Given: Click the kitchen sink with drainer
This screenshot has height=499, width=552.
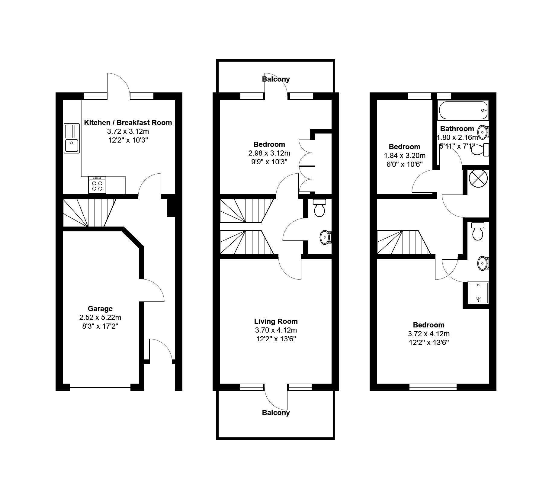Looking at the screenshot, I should (x=72, y=138).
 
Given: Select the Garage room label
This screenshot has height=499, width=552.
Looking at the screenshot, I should (x=100, y=309).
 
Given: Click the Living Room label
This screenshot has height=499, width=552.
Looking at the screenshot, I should (x=276, y=321).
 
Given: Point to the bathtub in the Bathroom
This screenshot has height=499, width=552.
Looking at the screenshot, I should (x=463, y=111).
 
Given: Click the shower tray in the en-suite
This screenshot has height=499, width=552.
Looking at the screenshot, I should (x=478, y=293).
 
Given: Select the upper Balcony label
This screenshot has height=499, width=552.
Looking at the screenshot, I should (x=276, y=79).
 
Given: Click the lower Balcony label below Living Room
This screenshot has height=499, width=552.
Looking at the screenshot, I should (x=276, y=413).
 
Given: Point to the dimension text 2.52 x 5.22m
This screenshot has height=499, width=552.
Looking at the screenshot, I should (x=100, y=317).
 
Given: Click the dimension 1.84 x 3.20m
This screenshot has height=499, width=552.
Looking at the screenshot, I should (x=405, y=156).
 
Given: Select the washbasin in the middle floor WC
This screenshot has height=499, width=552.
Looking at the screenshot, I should (x=325, y=237).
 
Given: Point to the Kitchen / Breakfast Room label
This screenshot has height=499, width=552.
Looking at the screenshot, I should (x=128, y=123).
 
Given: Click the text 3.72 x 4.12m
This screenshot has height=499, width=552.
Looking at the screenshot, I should (x=428, y=334).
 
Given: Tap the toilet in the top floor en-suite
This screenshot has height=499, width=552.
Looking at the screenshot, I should (x=477, y=231).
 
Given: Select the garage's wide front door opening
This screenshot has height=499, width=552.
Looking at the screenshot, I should (x=100, y=387).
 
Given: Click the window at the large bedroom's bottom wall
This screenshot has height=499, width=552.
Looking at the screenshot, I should (x=433, y=387).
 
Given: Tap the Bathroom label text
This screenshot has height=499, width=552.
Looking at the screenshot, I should (x=457, y=129).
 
